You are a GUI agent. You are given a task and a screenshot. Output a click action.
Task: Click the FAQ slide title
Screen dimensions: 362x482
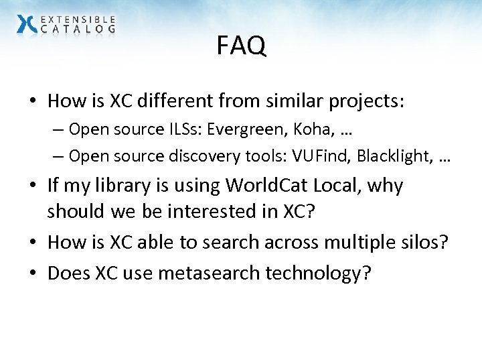241,46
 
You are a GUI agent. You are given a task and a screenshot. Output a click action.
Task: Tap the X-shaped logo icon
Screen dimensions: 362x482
27,24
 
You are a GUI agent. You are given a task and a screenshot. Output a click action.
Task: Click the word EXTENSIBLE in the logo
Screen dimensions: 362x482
78,19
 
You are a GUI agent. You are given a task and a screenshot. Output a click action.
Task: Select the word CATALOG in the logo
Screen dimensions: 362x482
78,29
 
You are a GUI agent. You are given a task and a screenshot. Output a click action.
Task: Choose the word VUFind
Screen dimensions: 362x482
327,156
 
